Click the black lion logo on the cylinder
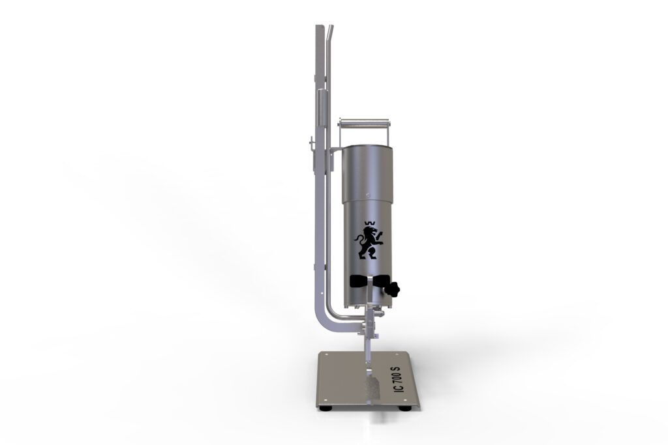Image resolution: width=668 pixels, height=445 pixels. point(368,243)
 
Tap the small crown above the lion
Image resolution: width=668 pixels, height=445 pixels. point(369,223)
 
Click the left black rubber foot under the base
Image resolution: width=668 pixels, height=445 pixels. point(327,409)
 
